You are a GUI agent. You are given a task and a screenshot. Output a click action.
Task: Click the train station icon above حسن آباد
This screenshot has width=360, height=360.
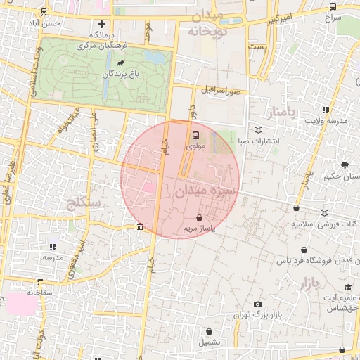[45, 12]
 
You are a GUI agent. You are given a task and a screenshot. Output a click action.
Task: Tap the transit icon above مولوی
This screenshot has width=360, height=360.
[195, 136]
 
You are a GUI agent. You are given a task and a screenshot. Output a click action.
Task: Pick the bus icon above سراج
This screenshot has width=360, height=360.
[332, 6]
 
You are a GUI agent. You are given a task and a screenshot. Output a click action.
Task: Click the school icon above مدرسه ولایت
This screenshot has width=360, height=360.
[325, 110]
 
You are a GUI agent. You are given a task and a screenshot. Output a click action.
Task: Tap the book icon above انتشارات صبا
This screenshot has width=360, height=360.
[259, 130]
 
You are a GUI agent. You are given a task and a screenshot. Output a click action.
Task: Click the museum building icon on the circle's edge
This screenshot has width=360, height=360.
[141, 227]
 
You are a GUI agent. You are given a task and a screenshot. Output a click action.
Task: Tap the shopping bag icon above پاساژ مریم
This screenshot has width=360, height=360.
[201, 217]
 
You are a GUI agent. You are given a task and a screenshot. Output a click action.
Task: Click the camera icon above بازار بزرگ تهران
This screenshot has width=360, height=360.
[257, 303]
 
